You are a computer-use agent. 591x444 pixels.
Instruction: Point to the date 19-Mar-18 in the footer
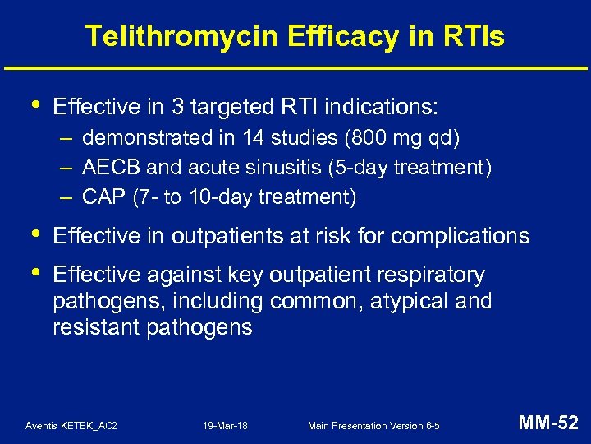[226, 426]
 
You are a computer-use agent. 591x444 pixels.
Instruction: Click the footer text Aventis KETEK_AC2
[71, 426]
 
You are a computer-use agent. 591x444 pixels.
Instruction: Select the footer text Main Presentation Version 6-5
[373, 426]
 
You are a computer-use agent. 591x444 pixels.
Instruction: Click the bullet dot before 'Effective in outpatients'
[30, 234]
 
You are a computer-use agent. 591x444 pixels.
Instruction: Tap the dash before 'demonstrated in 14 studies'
[65, 138]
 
